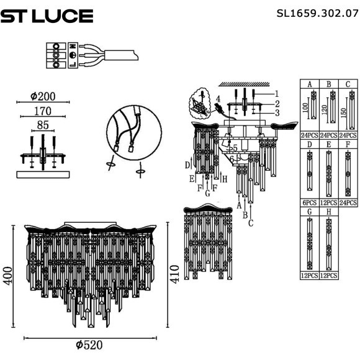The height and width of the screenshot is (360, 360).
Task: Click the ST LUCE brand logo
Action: (47, 16)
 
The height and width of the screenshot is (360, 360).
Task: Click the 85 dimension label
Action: (42, 126)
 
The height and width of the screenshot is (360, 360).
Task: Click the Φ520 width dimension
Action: (89, 345)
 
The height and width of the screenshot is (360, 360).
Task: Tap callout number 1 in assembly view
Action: (277, 94)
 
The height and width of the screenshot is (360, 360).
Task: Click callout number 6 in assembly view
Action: (232, 160)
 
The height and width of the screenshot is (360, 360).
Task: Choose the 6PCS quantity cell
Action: (309, 203)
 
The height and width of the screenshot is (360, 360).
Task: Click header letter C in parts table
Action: (348, 84)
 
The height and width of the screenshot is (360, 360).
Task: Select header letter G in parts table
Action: (309, 212)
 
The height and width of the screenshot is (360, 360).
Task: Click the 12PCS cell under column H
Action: (328, 275)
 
